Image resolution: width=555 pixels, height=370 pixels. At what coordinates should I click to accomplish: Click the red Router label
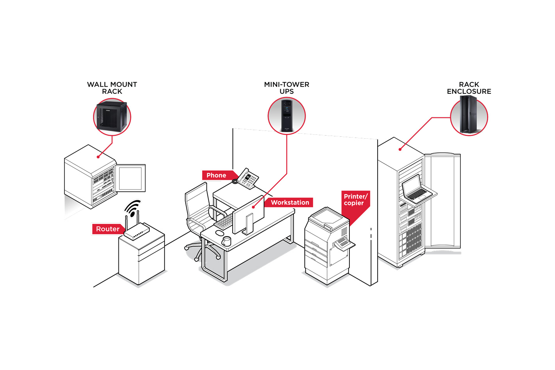tap(107, 229)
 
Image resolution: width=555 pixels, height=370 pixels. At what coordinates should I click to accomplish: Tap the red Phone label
tap(216, 175)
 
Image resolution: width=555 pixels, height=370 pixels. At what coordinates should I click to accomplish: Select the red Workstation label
tap(290, 202)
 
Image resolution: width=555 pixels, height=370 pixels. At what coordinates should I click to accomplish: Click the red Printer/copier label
tap(354, 200)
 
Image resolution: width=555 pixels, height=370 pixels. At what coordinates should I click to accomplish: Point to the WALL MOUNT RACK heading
tap(112, 88)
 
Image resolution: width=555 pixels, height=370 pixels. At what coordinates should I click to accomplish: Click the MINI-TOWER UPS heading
tap(286, 88)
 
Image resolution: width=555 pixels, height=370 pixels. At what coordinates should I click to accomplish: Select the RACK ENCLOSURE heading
tap(469, 88)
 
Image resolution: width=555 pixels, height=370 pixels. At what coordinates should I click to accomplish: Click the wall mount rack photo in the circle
tap(112, 116)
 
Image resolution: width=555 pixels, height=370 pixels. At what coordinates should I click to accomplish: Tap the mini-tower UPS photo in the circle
tap(286, 116)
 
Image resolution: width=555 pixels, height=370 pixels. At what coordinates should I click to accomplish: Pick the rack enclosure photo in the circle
tap(469, 116)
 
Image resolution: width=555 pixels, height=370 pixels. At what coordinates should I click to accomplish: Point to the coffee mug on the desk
tap(226, 241)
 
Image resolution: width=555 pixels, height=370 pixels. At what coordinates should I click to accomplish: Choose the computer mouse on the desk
tap(219, 233)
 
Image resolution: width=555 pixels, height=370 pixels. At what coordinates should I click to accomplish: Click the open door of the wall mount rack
tap(131, 178)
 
